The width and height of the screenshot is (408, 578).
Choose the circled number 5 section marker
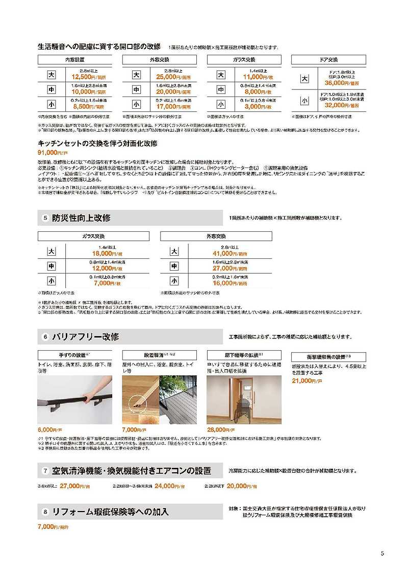[45, 218]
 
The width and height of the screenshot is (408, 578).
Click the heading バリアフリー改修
[85, 337]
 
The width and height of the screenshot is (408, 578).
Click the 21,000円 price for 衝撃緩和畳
[304, 380]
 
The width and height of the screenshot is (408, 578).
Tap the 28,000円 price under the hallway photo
[218, 429]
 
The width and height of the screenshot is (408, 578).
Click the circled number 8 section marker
[45, 511]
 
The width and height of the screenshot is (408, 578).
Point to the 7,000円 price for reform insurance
[48, 526]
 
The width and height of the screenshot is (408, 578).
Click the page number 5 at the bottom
[382, 553]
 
